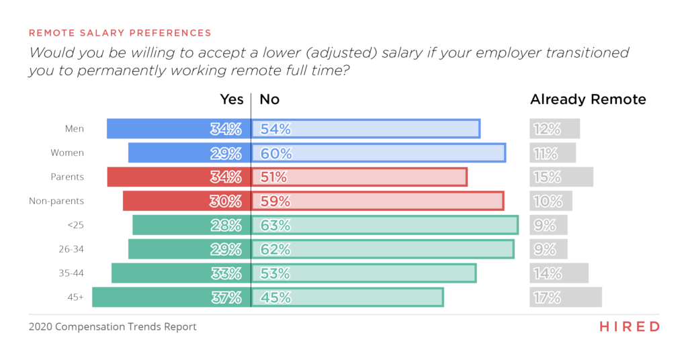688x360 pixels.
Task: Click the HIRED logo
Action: (x=629, y=326)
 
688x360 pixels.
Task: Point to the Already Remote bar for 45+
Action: (x=565, y=297)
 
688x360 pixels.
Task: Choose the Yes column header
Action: (x=232, y=99)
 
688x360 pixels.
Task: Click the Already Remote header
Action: (x=588, y=99)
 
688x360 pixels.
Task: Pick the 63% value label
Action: (x=275, y=225)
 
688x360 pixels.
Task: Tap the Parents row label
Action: (x=67, y=177)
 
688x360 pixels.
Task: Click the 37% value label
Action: (x=226, y=297)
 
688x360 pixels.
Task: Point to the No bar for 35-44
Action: (x=363, y=273)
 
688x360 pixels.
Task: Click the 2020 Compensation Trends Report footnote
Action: (x=112, y=327)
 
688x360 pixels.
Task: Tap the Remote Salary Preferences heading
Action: (x=120, y=32)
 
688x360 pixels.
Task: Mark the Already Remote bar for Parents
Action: (x=561, y=177)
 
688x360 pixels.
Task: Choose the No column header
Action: (x=269, y=99)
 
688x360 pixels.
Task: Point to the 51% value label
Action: (x=273, y=177)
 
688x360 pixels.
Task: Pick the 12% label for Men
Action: (x=545, y=129)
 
